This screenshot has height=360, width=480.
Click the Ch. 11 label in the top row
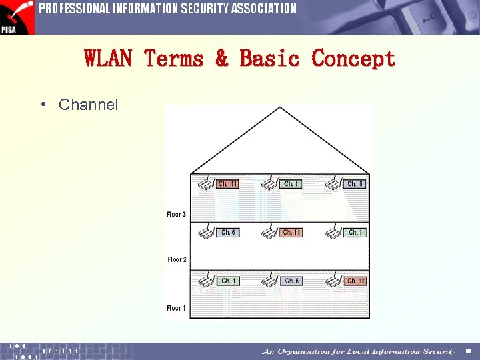227,184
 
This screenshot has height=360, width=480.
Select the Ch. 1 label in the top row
291,184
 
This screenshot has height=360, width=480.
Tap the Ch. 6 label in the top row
355,184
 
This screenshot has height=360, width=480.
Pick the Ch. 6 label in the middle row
227,233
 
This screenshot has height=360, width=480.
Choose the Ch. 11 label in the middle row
291,233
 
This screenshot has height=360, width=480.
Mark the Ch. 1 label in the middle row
355,233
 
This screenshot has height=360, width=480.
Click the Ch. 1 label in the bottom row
227,281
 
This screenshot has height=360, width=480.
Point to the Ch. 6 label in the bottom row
291,281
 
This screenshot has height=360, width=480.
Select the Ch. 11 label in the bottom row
355,281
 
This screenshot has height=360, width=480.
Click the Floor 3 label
177,215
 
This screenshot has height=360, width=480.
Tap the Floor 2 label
177,260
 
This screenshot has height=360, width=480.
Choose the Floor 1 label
177,308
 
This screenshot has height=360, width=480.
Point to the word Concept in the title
353,59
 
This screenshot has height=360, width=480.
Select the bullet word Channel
88,105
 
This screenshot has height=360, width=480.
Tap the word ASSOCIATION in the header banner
262,9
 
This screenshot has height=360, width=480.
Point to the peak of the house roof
281,108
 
